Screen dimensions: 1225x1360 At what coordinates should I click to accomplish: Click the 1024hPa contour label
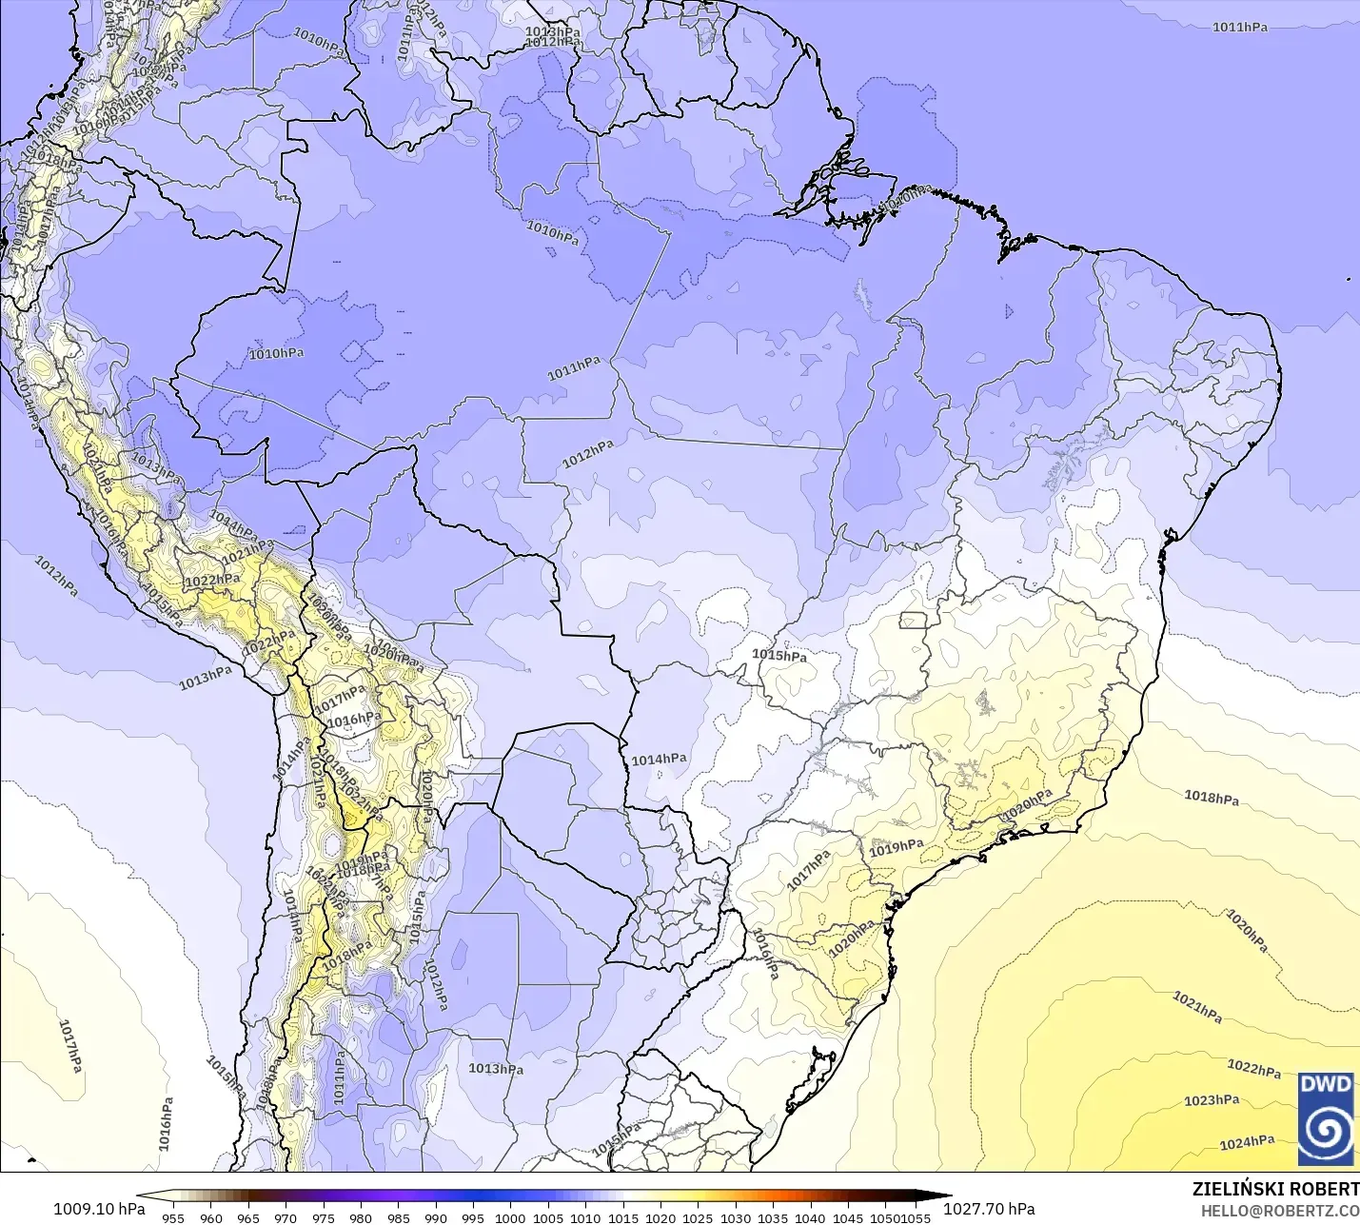tap(1247, 1142)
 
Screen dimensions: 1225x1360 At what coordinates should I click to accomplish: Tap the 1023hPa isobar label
tap(1212, 1100)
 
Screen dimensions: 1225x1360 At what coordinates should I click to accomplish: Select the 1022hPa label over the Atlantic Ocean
tap(1253, 1069)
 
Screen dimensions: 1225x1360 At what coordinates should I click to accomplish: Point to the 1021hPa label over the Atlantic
tap(1197, 1007)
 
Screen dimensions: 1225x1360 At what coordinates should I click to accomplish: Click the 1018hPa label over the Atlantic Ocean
tap(1212, 798)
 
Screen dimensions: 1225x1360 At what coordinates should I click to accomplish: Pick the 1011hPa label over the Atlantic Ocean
tap(1239, 28)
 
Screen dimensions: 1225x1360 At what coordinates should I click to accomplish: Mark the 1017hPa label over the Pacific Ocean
tap(70, 1045)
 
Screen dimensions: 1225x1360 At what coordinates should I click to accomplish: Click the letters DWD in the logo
tap(1326, 1084)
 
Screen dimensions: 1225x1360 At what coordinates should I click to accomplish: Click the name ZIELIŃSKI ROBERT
tap(1275, 1189)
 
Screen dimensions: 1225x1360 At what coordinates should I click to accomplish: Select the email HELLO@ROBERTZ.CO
tap(1279, 1211)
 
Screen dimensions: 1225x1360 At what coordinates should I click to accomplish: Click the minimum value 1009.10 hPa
tap(99, 1209)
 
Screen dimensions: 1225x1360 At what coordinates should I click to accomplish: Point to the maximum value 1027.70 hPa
tap(989, 1209)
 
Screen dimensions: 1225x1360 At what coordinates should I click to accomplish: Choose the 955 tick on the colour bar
tap(173, 1218)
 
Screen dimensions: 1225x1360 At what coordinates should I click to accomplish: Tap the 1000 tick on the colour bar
tap(510, 1218)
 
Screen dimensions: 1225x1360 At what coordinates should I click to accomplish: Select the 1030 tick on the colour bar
tap(735, 1218)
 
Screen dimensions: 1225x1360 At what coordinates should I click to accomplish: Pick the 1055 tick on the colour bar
tap(917, 1218)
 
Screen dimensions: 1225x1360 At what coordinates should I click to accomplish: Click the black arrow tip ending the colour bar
tap(948, 1195)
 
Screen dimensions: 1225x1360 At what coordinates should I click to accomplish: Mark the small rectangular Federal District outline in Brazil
tap(913, 621)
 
